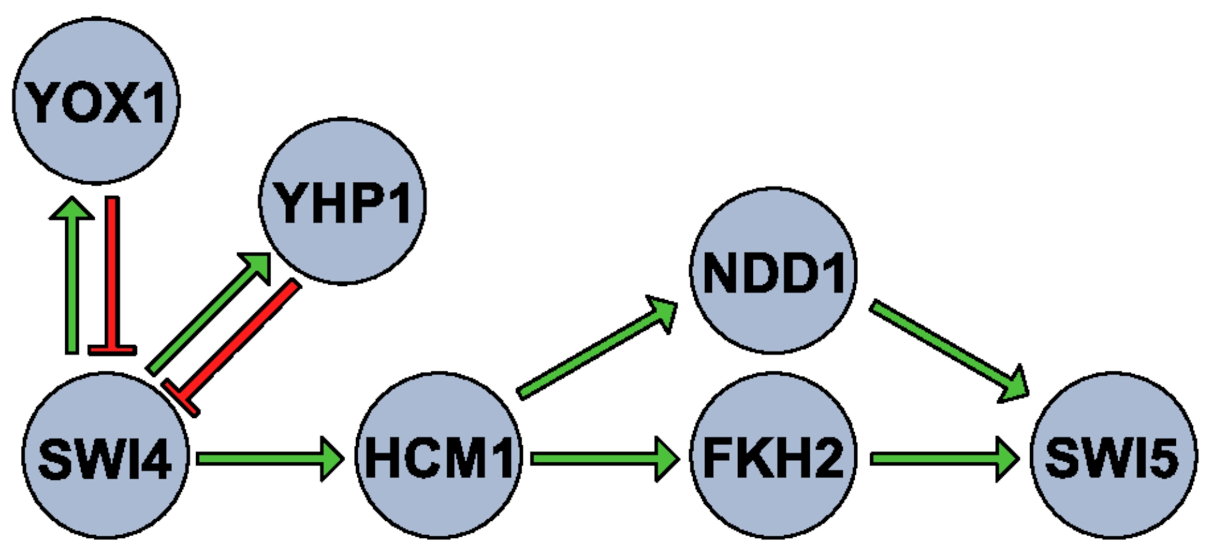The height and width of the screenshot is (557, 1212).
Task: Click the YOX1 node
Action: (x=96, y=101)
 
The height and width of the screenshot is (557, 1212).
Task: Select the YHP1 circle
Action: (x=342, y=201)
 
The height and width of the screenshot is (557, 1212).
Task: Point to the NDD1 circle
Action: (x=773, y=270)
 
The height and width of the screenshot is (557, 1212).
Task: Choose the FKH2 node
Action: (x=773, y=456)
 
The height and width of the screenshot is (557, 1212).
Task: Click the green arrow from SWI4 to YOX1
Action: (x=72, y=278)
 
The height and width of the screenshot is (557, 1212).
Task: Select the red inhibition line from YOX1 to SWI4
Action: (x=113, y=272)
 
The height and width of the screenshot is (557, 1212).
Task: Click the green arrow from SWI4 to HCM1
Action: (x=266, y=458)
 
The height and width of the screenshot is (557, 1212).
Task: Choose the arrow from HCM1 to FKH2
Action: (x=601, y=458)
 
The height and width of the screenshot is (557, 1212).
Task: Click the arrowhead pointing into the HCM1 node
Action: (x=331, y=458)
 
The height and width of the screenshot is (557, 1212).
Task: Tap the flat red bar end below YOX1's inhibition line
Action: (x=113, y=349)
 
